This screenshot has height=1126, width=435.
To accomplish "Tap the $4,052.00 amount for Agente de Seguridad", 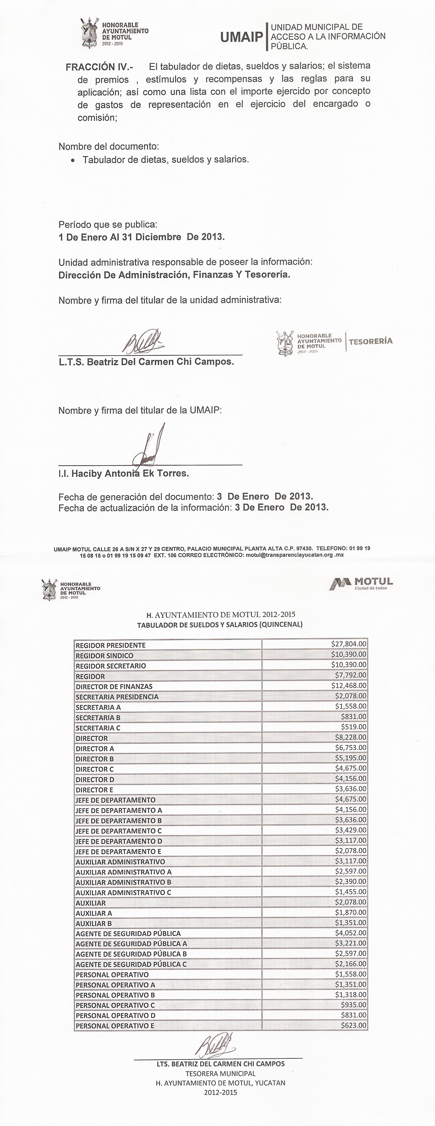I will [351, 933].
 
